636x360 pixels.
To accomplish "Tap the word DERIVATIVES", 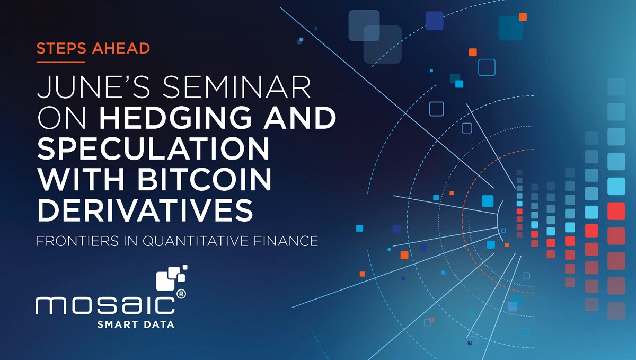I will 145,211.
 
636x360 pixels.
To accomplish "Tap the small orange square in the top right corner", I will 523,17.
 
